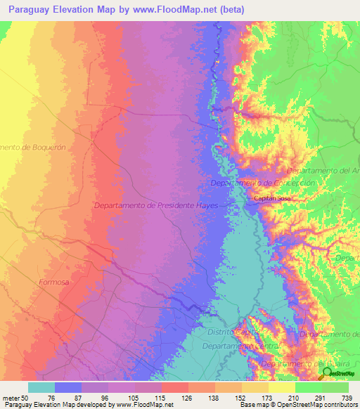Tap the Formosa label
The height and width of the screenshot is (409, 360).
(51, 282)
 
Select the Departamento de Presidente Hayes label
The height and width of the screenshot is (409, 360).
(156, 205)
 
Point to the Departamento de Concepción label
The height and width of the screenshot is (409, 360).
(262, 183)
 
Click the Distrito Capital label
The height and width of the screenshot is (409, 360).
(229, 331)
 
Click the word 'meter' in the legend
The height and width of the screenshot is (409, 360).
(11, 396)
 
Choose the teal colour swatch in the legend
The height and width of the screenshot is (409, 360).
(41, 387)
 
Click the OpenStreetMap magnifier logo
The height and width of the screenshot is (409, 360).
(327, 373)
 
